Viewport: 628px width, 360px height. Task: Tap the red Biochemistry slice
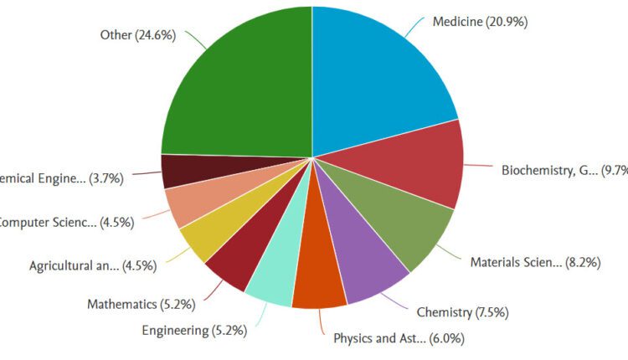tap(419, 163)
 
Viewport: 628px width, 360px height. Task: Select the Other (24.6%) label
tap(137, 36)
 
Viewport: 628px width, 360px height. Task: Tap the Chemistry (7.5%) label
tap(462, 313)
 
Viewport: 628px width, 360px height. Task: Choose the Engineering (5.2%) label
tap(193, 331)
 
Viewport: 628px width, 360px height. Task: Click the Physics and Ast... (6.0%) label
tap(399, 339)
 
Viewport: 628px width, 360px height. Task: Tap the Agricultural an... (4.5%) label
tap(91, 266)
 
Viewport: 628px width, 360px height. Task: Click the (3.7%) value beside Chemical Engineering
tap(106, 177)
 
